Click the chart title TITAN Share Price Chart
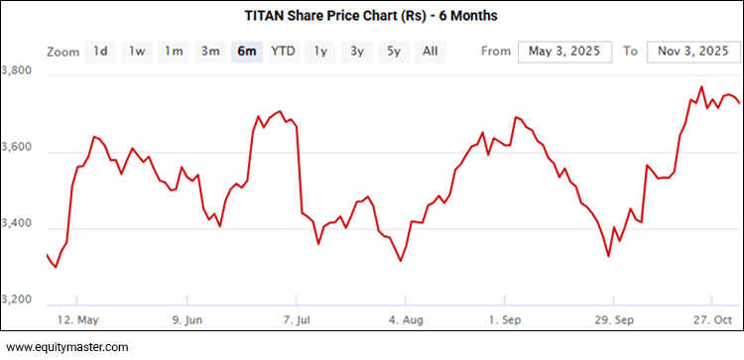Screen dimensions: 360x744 (x=372, y=16)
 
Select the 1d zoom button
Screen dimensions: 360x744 (x=100, y=51)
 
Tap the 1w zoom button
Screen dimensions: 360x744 (x=137, y=51)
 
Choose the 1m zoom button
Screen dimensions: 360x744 (x=174, y=51)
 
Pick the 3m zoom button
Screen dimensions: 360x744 (x=210, y=51)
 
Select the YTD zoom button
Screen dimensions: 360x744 (x=283, y=51)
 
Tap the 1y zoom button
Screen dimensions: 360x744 (x=320, y=51)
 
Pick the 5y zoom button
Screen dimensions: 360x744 (x=394, y=51)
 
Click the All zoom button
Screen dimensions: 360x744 (x=430, y=51)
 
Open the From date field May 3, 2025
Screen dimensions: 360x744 (x=564, y=51)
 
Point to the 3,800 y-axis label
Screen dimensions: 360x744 (x=20, y=71)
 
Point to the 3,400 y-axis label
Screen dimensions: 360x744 (x=20, y=225)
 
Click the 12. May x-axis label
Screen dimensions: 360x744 (x=77, y=319)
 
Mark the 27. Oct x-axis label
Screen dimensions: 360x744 (x=710, y=319)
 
